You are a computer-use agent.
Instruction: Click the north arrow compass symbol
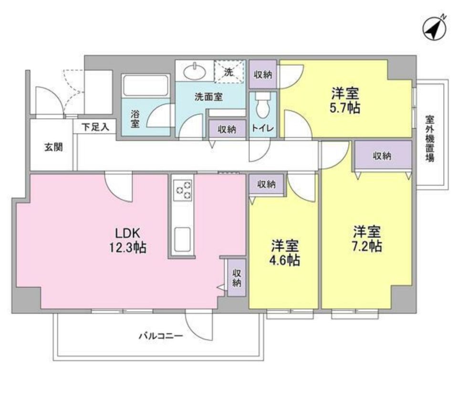pyautogui.click(x=435, y=29)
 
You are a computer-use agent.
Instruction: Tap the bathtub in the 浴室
pyautogui.click(x=146, y=86)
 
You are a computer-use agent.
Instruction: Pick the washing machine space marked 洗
pyautogui.click(x=229, y=72)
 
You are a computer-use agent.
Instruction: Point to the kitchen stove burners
pyautogui.click(x=183, y=190)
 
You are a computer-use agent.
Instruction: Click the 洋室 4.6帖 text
pyautogui.click(x=285, y=253)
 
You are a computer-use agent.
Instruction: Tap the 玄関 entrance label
pyautogui.click(x=53, y=147)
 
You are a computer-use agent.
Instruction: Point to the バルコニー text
pyautogui.click(x=161, y=336)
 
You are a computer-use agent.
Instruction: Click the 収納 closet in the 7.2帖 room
pyautogui.click(x=382, y=155)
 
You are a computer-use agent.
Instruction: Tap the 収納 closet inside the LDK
pyautogui.click(x=237, y=278)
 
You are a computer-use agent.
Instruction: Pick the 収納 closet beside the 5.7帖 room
pyautogui.click(x=263, y=74)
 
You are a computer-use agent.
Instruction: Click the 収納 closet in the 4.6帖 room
pyautogui.click(x=266, y=184)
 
